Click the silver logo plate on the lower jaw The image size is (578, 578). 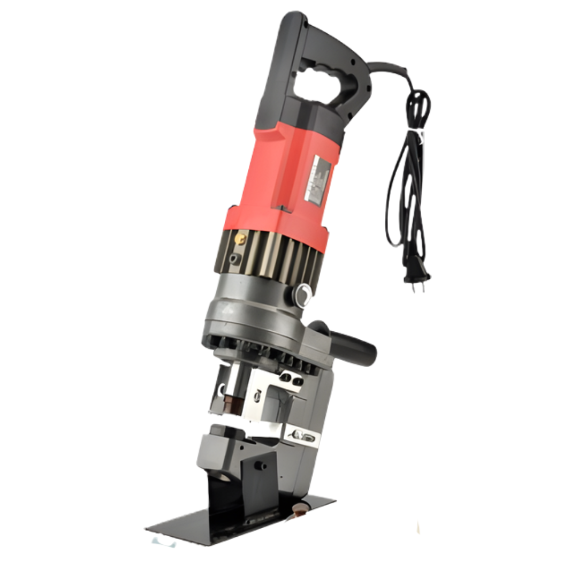[302, 437]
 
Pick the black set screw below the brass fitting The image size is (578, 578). [234, 258]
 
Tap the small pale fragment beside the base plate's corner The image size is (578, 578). [163, 542]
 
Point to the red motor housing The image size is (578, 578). [278, 182]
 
